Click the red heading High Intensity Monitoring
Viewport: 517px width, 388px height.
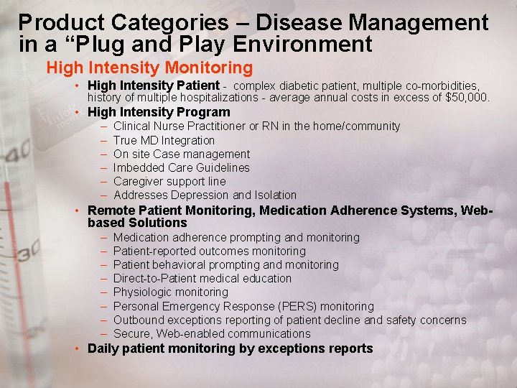[149, 68]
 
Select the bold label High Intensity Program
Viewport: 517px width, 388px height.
[159, 112]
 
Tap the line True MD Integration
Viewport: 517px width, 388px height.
[164, 140]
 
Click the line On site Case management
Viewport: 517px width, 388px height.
[182, 154]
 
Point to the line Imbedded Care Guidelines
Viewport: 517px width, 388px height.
[182, 167]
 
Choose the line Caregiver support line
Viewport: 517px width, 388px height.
[169, 181]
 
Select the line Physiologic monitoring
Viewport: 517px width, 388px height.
[171, 292]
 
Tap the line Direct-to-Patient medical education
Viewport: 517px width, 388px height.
[202, 278]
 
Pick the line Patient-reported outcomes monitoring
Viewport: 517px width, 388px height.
[210, 251]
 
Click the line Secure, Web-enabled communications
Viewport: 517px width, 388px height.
[212, 333]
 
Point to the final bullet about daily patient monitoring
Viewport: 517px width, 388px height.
[230, 348]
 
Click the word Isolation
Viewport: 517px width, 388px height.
[275, 195]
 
